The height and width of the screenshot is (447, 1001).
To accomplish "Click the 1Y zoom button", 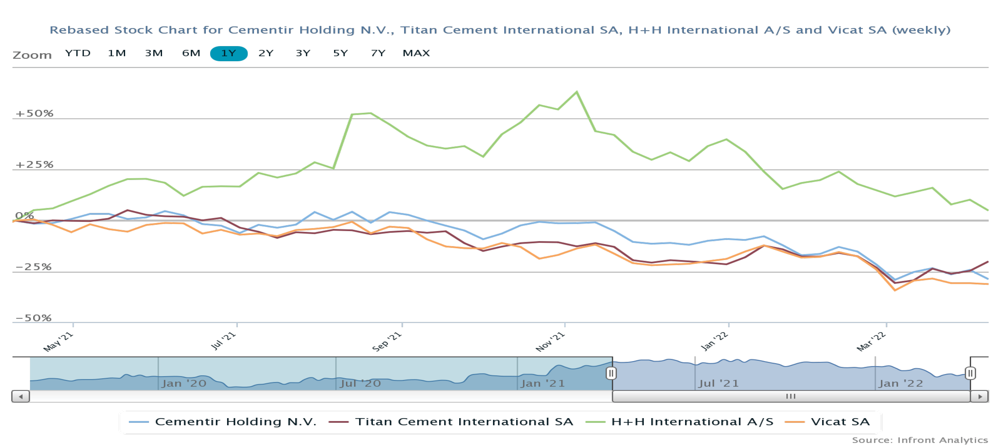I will click(x=229, y=53).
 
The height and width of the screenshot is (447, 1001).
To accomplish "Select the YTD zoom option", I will click(x=78, y=53).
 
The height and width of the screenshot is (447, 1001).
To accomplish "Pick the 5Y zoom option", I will click(x=340, y=53).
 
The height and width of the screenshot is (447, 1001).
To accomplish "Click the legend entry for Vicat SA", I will click(x=839, y=422).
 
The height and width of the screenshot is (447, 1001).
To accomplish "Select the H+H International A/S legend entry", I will click(x=692, y=422).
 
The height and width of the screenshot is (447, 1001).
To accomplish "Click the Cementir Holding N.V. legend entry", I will click(x=236, y=422).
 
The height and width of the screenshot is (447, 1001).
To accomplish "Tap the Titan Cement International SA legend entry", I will click(x=464, y=422).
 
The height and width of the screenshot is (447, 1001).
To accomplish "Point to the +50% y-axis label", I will click(x=34, y=113).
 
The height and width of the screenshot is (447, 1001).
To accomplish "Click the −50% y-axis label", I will click(x=33, y=318).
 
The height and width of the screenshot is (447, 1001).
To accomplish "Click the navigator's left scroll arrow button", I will click(x=21, y=396).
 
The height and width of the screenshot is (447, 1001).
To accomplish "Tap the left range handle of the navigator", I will click(x=611, y=374).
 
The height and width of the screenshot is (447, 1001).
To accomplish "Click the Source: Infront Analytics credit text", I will click(x=920, y=440).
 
